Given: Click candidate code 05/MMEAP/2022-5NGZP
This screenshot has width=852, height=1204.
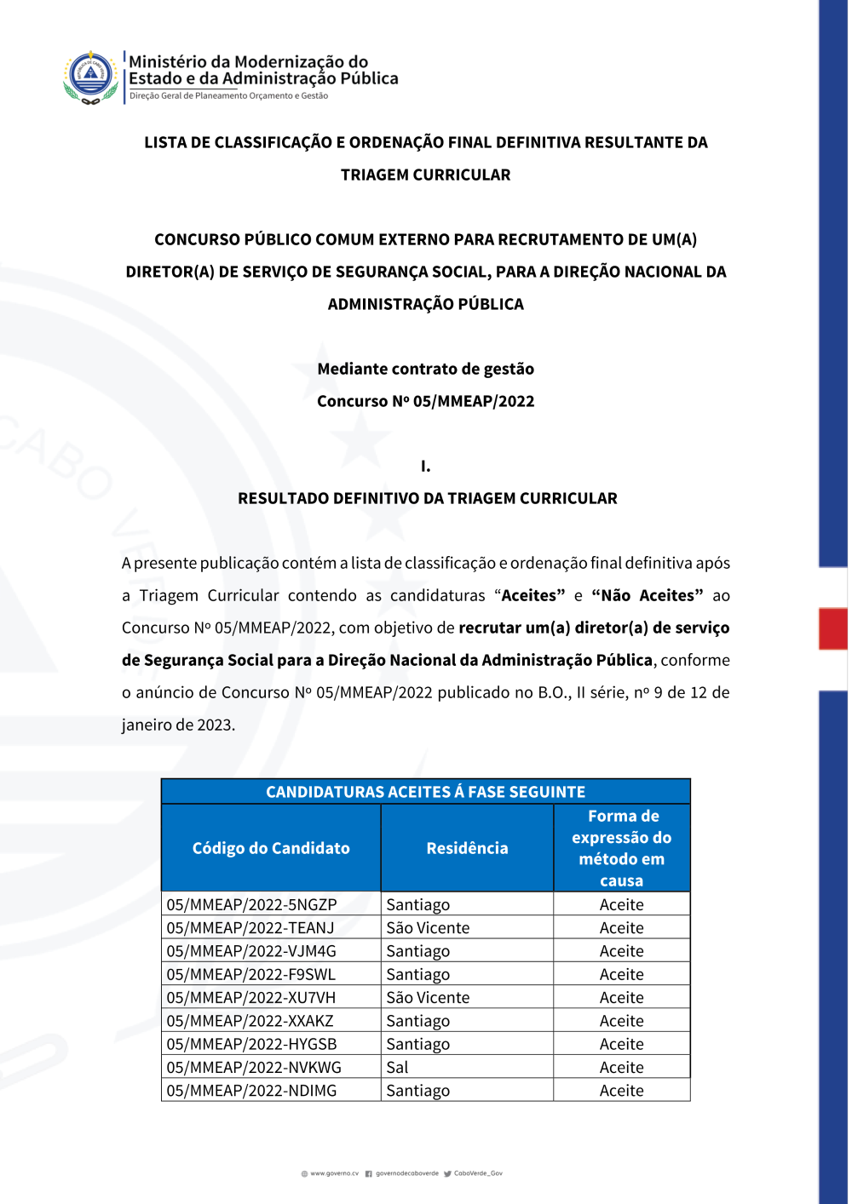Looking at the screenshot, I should (x=251, y=904).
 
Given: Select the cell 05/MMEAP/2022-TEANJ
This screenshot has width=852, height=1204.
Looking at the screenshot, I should (x=250, y=927).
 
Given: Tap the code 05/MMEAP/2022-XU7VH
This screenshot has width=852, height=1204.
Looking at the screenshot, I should (x=250, y=997).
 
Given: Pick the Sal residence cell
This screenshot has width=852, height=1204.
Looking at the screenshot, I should (x=397, y=1067).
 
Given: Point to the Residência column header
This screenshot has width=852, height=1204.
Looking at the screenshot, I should (x=467, y=848).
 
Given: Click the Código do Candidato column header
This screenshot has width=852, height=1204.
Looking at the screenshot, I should (x=271, y=848).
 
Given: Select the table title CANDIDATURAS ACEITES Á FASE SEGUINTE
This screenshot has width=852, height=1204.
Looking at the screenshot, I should (x=425, y=792).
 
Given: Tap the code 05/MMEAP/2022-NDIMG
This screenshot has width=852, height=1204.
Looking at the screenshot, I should (x=251, y=1090).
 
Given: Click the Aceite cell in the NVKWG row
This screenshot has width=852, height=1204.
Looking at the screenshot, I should (x=621, y=1067).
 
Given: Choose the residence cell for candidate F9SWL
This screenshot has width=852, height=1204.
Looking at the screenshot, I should (x=417, y=974).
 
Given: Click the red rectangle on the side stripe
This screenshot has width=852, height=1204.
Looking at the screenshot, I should (x=832, y=628).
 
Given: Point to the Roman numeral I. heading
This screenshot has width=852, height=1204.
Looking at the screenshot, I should (x=425, y=466).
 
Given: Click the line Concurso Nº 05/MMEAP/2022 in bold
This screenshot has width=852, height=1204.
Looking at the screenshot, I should (x=425, y=401).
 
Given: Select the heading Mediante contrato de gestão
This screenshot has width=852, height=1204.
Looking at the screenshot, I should (x=425, y=369).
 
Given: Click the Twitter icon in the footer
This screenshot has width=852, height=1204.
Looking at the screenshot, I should (x=447, y=1173).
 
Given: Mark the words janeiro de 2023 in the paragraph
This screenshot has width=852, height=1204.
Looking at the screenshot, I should (x=177, y=725).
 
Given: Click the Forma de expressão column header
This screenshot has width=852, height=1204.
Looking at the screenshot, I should (x=621, y=848).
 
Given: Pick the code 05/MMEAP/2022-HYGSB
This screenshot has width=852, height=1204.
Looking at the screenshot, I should (x=251, y=1044).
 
